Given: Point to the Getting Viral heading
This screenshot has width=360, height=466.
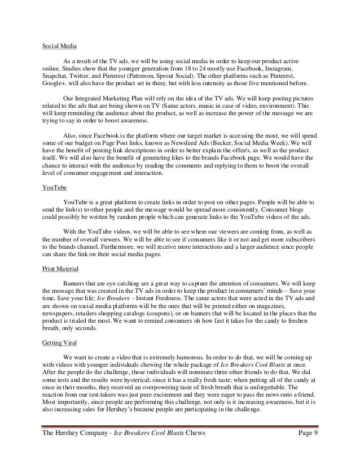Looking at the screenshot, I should (x=60, y=342).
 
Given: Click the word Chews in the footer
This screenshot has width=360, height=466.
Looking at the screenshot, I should (x=191, y=449).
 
